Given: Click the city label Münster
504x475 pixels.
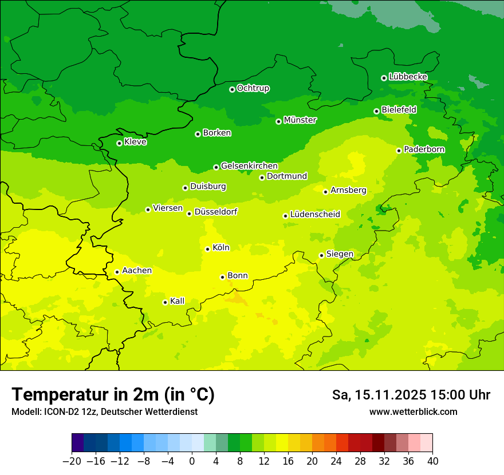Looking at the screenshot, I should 300,120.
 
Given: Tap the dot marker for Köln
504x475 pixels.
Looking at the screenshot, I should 207,249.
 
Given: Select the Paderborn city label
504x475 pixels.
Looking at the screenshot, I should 424,149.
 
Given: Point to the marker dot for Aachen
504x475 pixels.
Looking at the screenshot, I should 117,272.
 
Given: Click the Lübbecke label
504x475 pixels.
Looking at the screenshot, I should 408,77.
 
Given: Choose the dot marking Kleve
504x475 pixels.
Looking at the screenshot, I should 119,143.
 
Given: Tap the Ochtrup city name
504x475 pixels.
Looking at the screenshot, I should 253,88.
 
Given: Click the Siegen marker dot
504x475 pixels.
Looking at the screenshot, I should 321,255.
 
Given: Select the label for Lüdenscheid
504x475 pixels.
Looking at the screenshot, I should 315,215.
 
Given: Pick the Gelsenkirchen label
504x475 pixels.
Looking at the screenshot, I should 249,166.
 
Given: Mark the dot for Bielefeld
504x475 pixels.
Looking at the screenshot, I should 376,111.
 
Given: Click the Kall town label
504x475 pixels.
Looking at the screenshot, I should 178,301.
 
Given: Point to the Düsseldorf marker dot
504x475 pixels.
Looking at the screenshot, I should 189,213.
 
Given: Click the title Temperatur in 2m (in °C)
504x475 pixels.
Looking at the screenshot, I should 113,394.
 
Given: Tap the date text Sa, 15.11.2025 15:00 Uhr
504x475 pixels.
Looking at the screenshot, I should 411,395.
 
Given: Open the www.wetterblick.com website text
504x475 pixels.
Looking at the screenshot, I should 413,411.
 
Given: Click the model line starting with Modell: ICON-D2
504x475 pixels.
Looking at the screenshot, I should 104,411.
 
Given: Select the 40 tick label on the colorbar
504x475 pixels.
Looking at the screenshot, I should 432,461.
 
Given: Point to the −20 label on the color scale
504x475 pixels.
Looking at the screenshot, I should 72,461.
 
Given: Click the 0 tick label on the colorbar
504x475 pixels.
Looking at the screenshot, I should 192,461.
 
